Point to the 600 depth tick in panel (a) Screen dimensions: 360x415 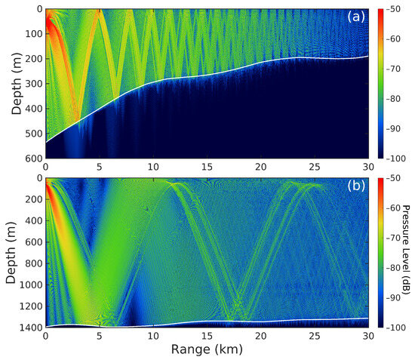pos(33,159)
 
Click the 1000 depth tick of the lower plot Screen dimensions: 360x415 pos(31,285)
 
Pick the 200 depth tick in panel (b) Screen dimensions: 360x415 pos(33,199)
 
